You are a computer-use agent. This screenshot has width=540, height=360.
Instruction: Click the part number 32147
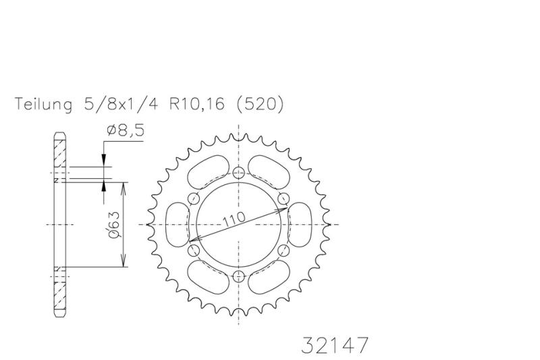335,345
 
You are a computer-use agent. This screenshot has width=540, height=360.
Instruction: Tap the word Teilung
43,104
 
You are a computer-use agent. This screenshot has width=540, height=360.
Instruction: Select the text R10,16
196,103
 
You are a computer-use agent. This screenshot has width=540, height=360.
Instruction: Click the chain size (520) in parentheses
260,104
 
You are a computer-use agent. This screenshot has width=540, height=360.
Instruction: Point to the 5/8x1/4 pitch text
121,103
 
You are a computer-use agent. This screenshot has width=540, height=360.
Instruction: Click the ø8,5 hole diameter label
126,130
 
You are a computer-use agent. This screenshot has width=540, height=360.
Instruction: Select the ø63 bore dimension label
114,225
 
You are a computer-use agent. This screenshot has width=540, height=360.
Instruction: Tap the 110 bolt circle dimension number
234,219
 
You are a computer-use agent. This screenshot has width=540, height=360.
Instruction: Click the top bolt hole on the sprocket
239,173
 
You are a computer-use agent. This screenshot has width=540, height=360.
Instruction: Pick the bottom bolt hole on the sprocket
239,276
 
